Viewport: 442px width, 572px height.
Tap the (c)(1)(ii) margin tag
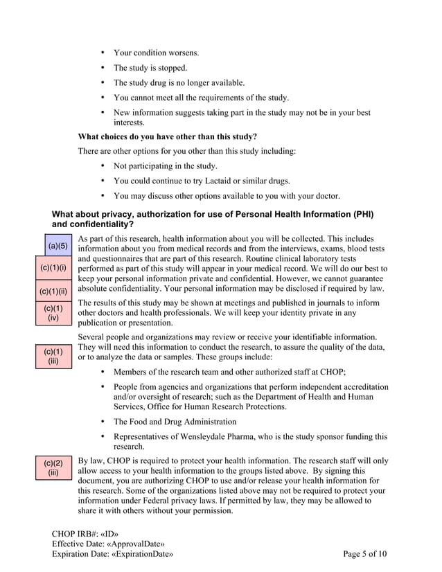(x=53, y=291)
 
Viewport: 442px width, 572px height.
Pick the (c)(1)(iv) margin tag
(x=53, y=313)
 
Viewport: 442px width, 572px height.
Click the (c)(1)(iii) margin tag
(x=53, y=356)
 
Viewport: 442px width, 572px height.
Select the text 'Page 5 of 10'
(x=365, y=554)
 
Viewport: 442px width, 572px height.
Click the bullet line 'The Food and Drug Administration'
(x=175, y=422)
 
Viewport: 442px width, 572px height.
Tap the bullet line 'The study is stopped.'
(x=150, y=68)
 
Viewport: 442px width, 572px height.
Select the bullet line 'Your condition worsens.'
(x=156, y=53)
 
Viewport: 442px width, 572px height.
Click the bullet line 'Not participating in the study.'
(x=165, y=166)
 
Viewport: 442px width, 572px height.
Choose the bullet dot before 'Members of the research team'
(x=103, y=371)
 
